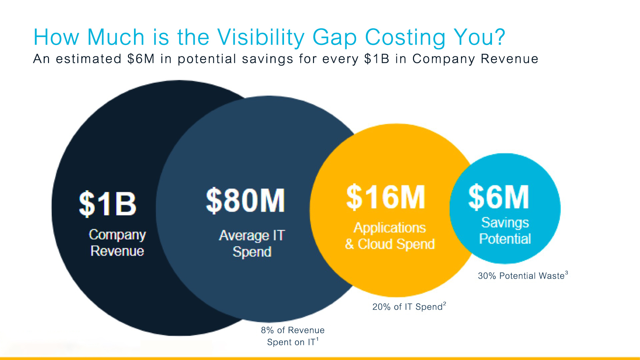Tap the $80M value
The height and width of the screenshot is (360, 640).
(x=245, y=200)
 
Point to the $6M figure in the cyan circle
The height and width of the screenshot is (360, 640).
(x=499, y=197)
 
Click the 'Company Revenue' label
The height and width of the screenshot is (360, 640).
(x=117, y=243)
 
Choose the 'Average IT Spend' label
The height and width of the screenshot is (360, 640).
(x=252, y=243)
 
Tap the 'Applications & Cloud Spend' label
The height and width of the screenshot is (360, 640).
(x=390, y=236)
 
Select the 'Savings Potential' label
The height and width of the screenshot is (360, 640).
(x=505, y=231)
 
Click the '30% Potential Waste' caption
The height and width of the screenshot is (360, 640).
(x=521, y=276)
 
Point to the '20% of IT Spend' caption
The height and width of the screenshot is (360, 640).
(x=407, y=307)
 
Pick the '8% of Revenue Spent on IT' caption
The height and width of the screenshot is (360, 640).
(x=292, y=336)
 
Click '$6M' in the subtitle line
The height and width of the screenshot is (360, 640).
(x=141, y=59)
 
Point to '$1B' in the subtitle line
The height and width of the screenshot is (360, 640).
(x=377, y=59)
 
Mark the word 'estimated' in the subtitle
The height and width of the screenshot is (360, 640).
(x=88, y=59)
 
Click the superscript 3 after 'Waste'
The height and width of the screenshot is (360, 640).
(x=566, y=273)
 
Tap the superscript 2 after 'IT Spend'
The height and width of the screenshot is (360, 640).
(x=445, y=304)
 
